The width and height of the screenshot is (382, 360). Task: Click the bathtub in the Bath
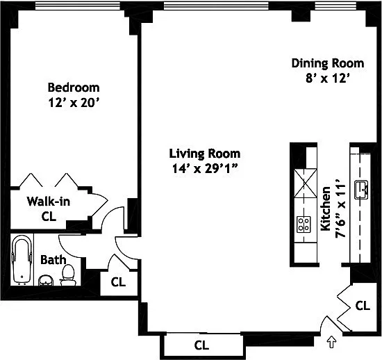tap(22, 260)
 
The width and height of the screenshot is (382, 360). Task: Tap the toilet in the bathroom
tap(68, 275)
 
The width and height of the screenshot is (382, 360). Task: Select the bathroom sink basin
tap(46, 281)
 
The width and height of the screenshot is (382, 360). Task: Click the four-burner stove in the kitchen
tap(304, 224)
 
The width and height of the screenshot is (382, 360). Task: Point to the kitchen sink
tap(361, 190)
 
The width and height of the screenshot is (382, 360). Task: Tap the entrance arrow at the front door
tap(331, 342)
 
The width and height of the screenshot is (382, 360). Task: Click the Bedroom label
tap(74, 88)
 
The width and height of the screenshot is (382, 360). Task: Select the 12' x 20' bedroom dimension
tap(74, 102)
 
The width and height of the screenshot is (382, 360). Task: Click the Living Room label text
tap(205, 154)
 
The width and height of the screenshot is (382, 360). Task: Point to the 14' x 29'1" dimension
tap(205, 168)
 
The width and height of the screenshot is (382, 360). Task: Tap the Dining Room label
tap(328, 63)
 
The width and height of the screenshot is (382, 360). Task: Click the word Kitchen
tap(325, 208)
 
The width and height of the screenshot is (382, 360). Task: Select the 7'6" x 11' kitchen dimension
tap(340, 211)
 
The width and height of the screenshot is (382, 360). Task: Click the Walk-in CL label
tap(49, 208)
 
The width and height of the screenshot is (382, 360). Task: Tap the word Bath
tap(53, 260)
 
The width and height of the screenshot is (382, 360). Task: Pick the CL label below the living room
tap(201, 345)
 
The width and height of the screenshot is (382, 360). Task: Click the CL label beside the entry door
tap(363, 305)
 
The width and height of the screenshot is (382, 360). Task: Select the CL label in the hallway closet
tap(118, 282)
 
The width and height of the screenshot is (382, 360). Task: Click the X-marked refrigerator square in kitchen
tap(306, 183)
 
